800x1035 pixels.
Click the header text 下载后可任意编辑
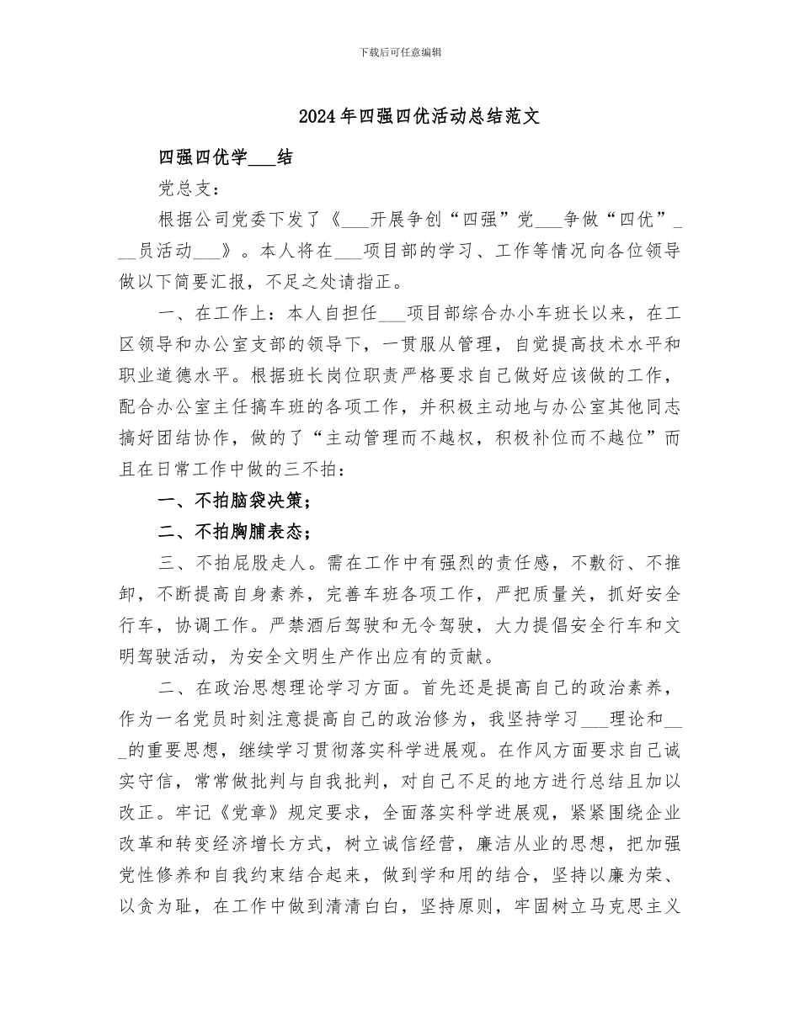[400, 52]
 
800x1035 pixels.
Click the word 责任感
[529, 563]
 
